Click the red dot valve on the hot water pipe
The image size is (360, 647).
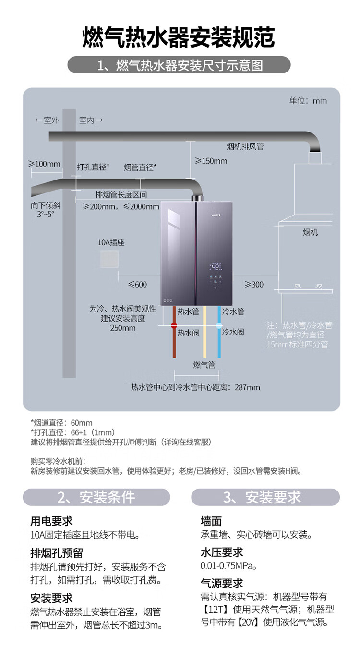pyautogui.click(x=174, y=326)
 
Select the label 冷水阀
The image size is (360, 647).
pyautogui.click(x=233, y=332)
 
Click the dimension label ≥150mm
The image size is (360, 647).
pyautogui.click(x=211, y=161)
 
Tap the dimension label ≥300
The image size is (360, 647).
pyautogui.click(x=254, y=285)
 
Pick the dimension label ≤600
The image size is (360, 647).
pyautogui.click(x=137, y=285)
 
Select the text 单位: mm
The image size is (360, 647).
pyautogui.click(x=308, y=101)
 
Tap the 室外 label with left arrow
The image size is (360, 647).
pyautogui.click(x=47, y=120)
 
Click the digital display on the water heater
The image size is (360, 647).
pyautogui.click(x=216, y=267)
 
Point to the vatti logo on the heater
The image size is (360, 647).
pyautogui.click(x=216, y=215)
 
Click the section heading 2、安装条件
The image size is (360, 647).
pyautogui.click(x=96, y=497)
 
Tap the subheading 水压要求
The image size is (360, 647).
pyautogui.click(x=222, y=552)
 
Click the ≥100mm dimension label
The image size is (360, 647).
pyautogui.click(x=45, y=164)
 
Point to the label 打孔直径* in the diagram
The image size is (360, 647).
pyautogui.click(x=93, y=168)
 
